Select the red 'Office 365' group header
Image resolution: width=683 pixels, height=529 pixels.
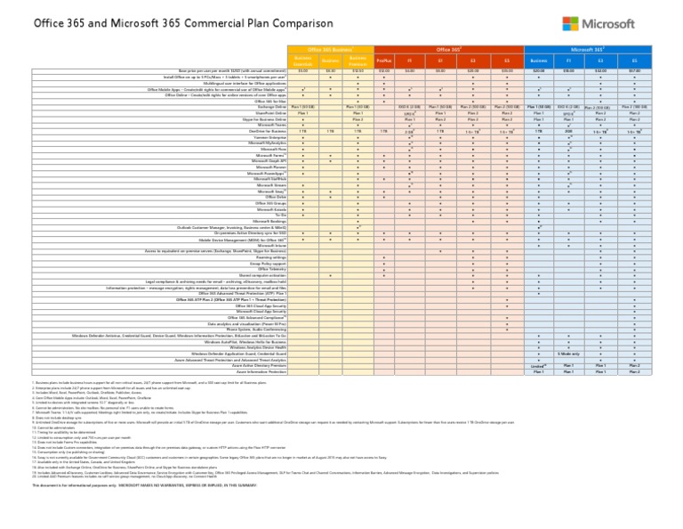coord(448,47)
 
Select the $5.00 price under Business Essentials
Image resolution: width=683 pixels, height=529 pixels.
coord(303,70)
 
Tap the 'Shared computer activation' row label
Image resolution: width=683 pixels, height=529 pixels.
coord(262,275)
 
